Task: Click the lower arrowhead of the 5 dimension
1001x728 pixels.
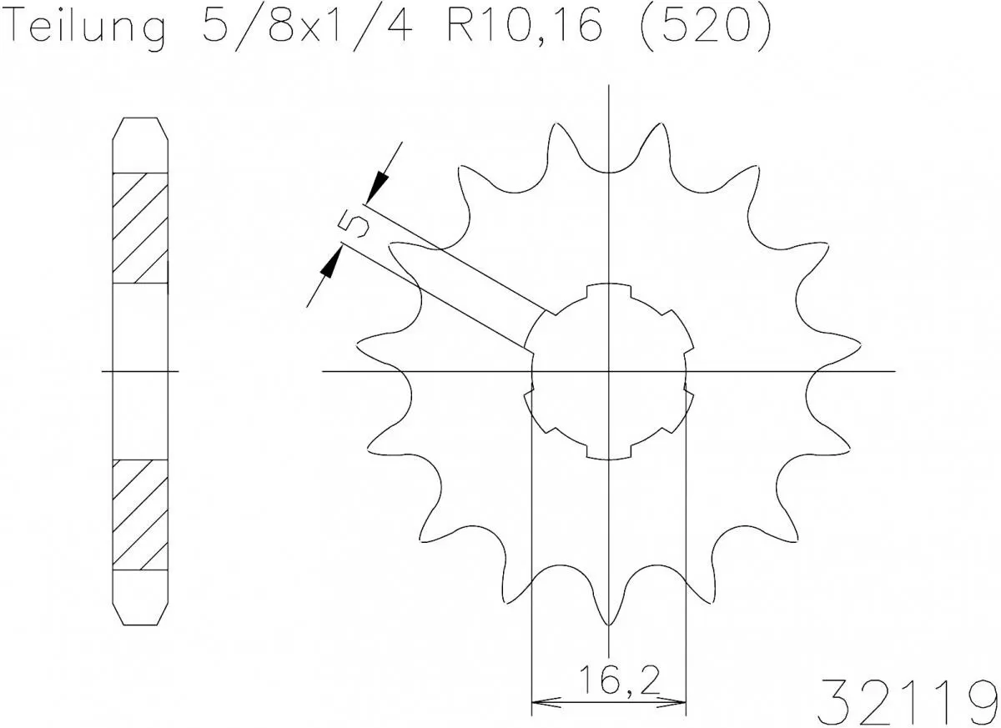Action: pos(331,264)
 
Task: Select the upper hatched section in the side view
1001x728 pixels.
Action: pos(140,227)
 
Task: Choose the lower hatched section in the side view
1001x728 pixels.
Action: pos(140,514)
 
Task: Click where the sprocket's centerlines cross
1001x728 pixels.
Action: pos(610,370)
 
